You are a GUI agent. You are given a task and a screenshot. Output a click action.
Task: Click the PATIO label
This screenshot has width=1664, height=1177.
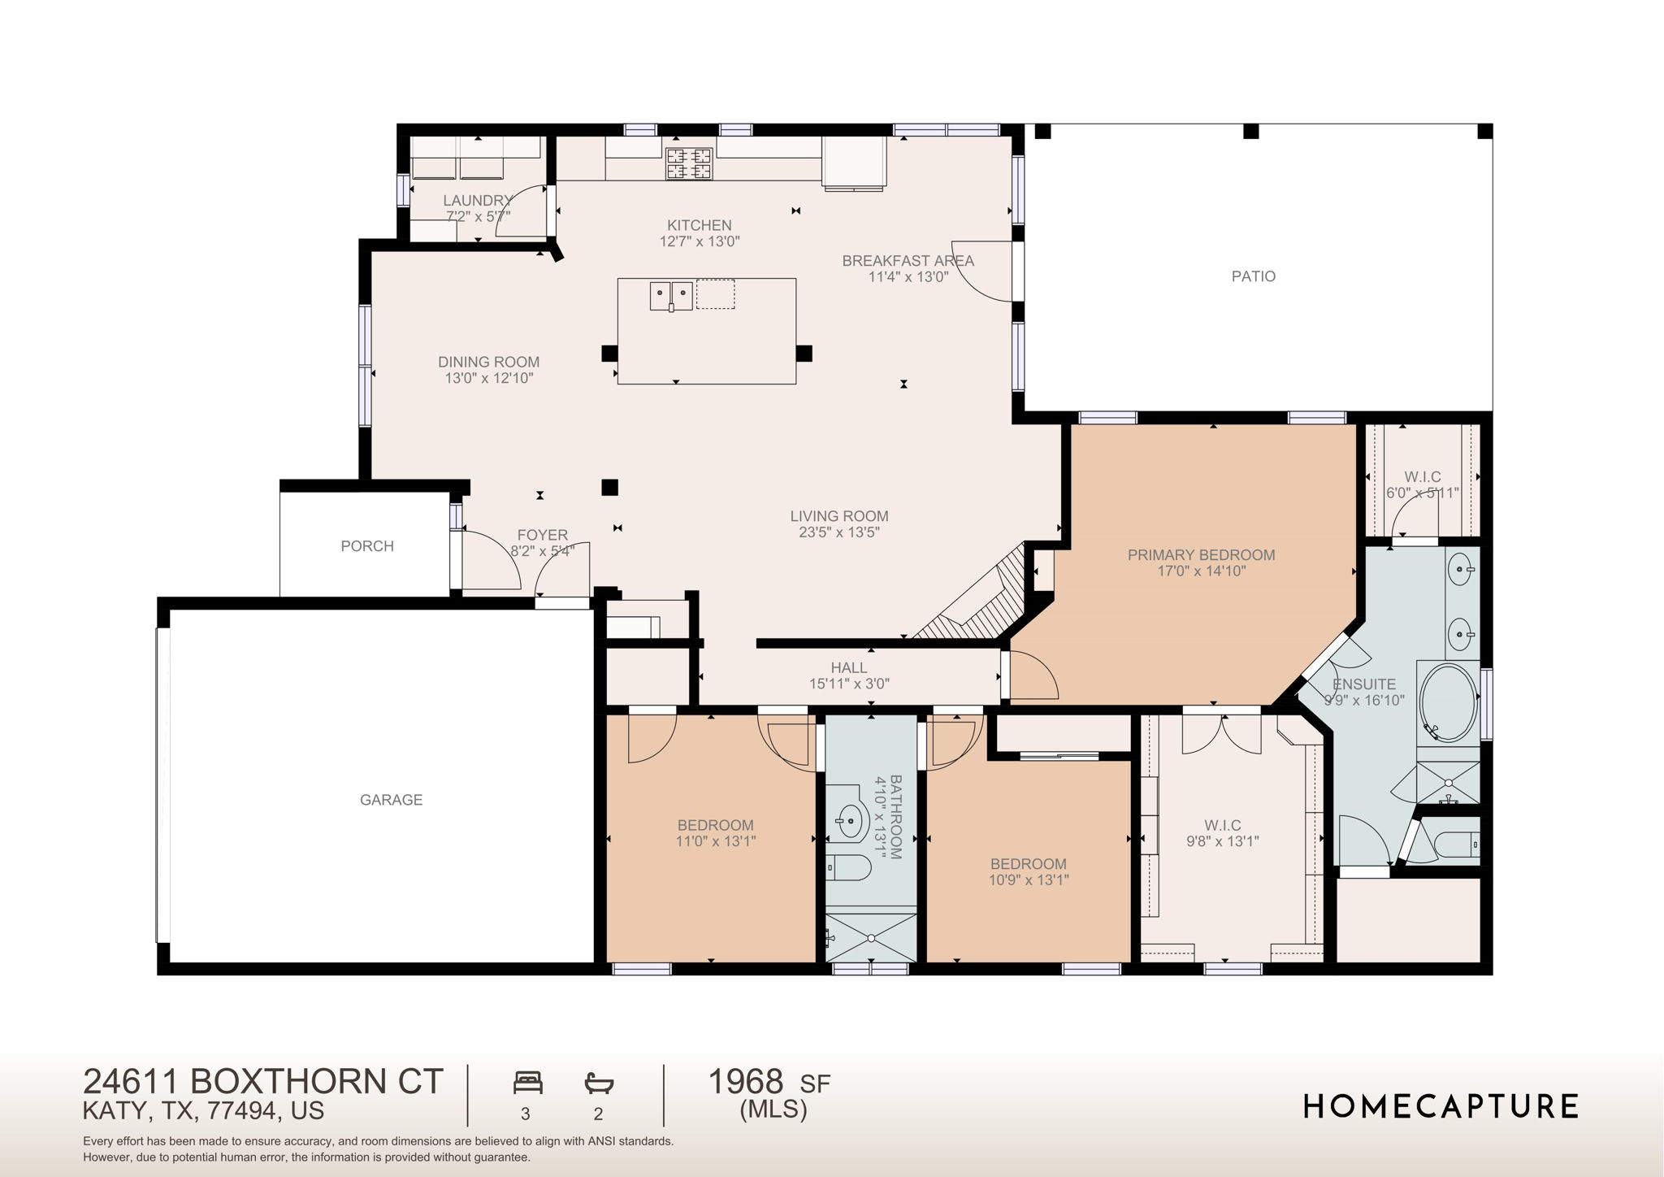1253,276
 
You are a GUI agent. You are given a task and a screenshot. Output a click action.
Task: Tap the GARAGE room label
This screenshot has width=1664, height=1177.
391,800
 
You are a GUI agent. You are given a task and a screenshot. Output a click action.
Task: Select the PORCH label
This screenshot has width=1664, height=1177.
367,546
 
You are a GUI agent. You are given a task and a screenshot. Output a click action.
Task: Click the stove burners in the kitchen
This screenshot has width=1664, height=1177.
689,163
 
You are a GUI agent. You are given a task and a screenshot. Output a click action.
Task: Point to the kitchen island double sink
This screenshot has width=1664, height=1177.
671,296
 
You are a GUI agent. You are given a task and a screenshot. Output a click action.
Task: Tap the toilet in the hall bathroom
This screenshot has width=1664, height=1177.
848,867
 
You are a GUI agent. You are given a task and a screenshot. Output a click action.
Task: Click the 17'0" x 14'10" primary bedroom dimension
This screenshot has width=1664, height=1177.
1201,571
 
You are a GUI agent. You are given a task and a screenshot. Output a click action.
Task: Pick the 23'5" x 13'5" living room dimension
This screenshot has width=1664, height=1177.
839,532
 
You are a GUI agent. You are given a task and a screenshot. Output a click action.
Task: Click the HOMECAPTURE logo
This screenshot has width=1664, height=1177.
1441,1106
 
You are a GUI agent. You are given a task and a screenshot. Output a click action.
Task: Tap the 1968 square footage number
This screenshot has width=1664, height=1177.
746,1082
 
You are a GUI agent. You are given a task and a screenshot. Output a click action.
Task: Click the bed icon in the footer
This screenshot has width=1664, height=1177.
528,1083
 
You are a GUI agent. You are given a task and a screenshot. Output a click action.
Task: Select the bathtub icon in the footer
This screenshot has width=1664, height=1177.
599,1083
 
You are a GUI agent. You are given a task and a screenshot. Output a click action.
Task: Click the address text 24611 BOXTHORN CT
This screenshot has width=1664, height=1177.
263,1082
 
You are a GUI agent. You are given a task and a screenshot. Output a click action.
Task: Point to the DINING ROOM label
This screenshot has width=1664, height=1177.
488,363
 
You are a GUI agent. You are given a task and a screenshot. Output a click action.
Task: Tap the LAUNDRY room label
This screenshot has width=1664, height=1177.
477,201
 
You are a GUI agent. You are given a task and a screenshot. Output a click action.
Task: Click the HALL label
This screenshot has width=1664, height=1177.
849,668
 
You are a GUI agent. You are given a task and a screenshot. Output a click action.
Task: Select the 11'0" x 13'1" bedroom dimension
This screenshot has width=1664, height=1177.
716,841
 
